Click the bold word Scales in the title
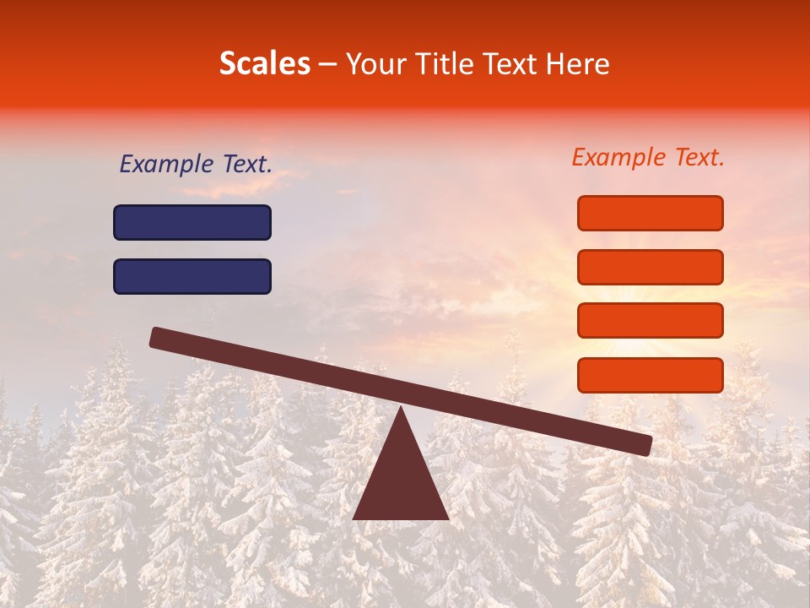tap(264, 64)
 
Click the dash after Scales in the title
tap(328, 65)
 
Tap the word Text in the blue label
tap(245, 165)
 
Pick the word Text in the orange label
tap(697, 158)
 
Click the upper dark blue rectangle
tap(192, 223)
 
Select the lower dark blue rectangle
tap(192, 276)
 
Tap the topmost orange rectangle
tap(651, 213)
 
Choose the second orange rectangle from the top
tap(651, 267)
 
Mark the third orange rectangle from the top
tap(651, 320)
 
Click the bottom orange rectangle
tap(651, 375)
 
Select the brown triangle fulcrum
tap(401, 486)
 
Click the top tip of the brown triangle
tap(402, 410)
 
